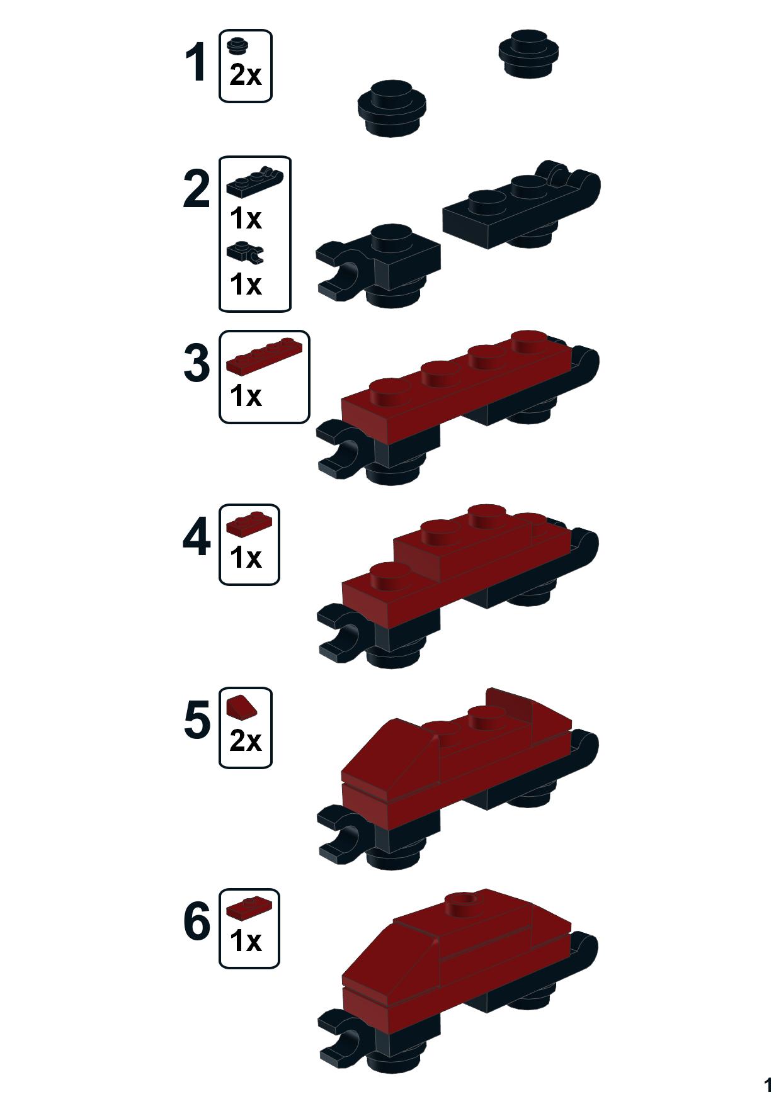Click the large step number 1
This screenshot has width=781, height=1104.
tap(197, 63)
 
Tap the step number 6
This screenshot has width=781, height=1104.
tap(197, 922)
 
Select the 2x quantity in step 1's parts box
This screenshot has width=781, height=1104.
tap(246, 76)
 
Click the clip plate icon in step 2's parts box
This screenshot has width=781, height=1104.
tap(245, 252)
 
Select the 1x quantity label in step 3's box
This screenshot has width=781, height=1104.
tap(246, 397)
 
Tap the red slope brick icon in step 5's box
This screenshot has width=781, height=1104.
tap(241, 707)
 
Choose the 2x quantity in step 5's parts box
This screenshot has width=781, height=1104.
tap(246, 741)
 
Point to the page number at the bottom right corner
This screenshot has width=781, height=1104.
tap(767, 1085)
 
